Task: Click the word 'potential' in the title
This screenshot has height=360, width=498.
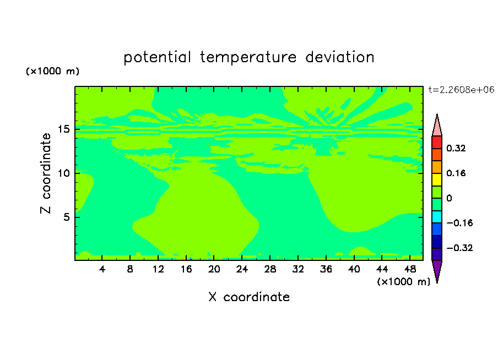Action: [157, 57]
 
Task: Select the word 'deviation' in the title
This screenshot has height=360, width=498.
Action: [340, 57]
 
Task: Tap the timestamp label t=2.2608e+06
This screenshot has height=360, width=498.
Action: [461, 90]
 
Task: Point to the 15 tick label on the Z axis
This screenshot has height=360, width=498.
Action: [63, 129]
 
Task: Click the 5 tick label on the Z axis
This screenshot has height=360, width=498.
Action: [66, 217]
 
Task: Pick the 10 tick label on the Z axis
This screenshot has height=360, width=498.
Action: [63, 173]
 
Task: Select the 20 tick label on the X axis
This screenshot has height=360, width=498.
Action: [214, 269]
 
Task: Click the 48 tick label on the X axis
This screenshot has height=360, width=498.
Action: [410, 269]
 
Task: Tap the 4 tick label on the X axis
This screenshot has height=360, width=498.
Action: [102, 269]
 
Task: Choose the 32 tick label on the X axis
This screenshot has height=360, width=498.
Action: [298, 269]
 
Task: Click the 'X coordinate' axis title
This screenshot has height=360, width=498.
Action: [249, 297]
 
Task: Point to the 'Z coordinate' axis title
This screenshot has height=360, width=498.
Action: [45, 173]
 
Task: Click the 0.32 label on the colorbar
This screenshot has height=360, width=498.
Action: [456, 148]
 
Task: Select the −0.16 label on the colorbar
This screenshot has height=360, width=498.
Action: [459, 223]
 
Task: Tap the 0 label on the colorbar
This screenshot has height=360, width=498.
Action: [449, 198]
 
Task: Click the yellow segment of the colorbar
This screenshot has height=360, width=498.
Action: [437, 179]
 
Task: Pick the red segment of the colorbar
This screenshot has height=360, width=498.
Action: [437, 142]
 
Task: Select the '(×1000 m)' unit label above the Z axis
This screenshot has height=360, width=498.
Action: [52, 71]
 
